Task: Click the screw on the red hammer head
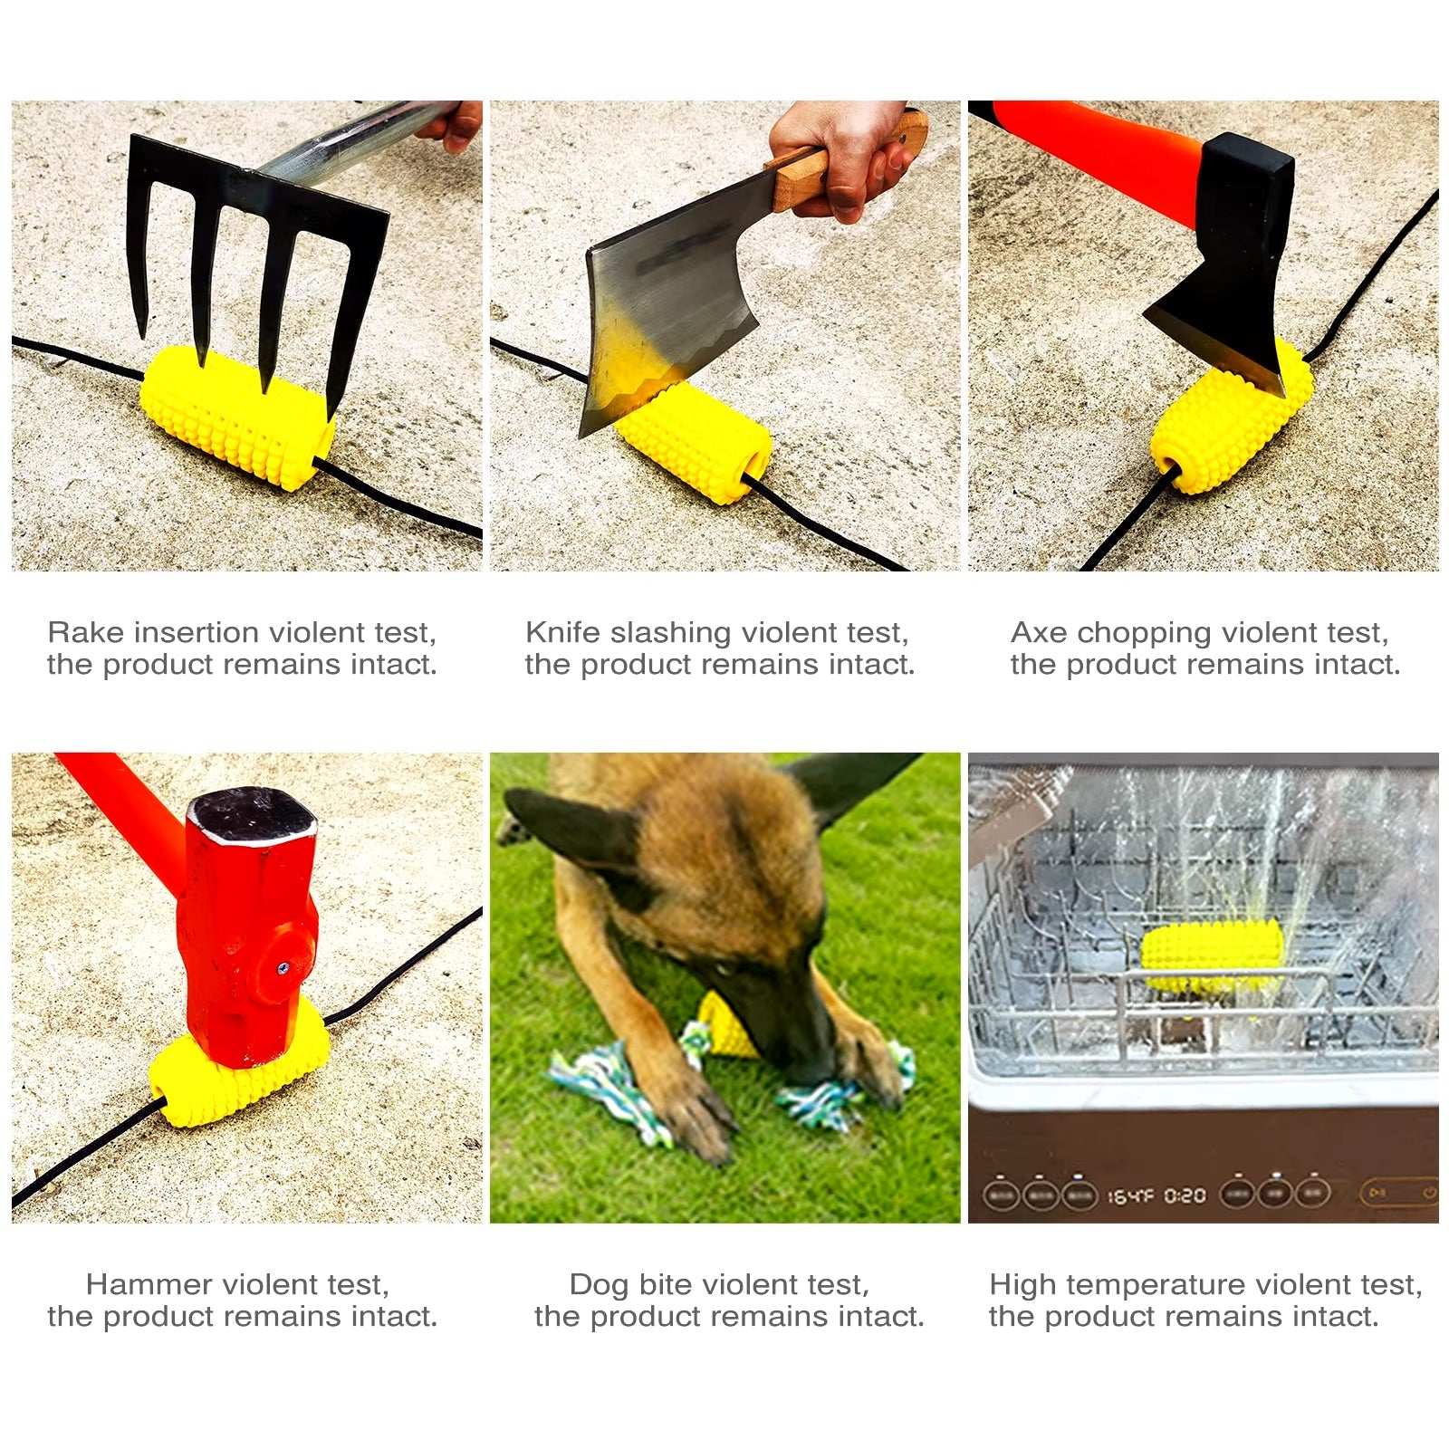coord(283,967)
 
